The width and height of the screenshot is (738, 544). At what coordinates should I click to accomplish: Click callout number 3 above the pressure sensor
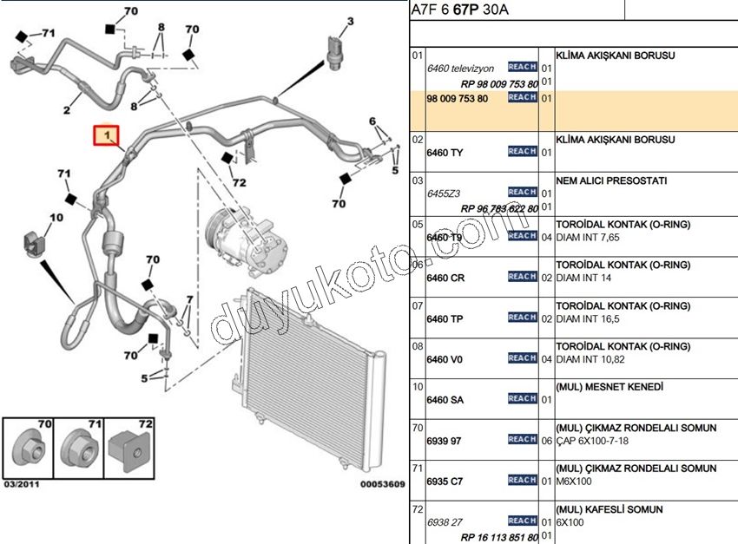[x=351, y=21]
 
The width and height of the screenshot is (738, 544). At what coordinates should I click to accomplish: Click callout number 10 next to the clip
[x=56, y=218]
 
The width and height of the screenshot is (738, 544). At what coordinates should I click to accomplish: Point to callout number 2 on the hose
[x=66, y=110]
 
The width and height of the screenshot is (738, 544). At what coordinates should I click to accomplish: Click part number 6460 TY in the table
[x=445, y=153]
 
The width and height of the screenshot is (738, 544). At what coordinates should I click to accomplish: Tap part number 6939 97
[x=445, y=441]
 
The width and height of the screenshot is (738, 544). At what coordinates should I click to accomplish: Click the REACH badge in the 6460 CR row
[x=522, y=277]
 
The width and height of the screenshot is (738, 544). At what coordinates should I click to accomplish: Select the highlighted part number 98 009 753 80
[x=458, y=99]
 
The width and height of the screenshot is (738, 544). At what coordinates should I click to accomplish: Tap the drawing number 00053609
[x=382, y=483]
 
